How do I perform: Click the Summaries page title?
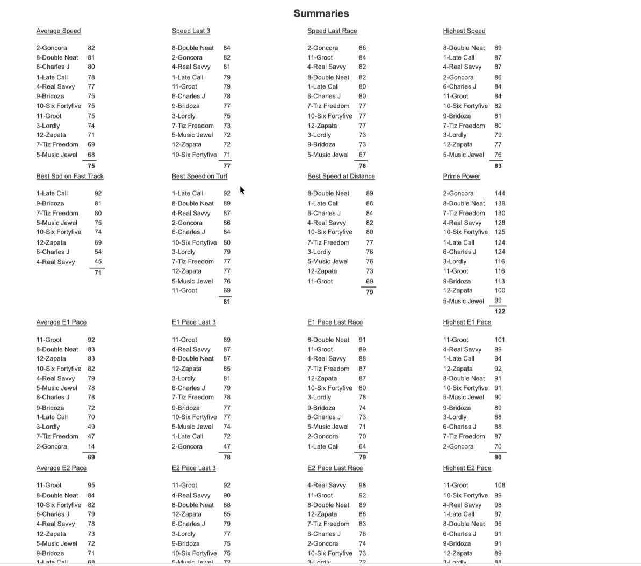pos(321,13)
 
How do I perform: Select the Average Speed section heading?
pos(59,31)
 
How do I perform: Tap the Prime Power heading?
pos(462,176)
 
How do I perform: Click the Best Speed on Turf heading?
pos(199,176)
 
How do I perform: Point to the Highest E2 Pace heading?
pos(467,468)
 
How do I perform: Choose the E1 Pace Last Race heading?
pos(335,322)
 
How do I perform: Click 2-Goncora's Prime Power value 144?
pos(500,193)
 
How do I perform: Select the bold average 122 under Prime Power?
pos(500,311)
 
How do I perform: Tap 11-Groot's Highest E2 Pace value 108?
pos(500,485)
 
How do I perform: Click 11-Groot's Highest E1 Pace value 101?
pos(500,340)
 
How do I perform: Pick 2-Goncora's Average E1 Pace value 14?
pos(91,446)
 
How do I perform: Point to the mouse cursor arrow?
pos(242,190)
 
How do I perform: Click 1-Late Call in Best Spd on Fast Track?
pos(52,193)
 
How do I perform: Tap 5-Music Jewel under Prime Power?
pos(464,301)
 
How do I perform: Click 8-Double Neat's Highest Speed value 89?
pos(498,48)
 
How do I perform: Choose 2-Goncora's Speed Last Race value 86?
pos(362,48)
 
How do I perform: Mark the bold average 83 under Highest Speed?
pos(498,166)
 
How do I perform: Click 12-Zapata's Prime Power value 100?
pos(500,290)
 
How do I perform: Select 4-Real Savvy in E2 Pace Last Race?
pos(327,485)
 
